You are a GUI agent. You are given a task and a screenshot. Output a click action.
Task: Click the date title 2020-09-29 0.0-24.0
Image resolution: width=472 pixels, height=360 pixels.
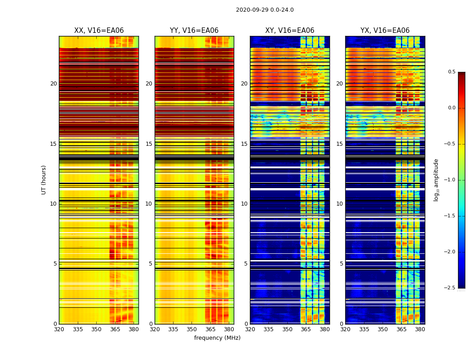[x=264, y=10]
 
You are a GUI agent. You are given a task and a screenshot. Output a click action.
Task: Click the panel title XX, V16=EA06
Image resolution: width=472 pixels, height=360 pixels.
[x=99, y=31]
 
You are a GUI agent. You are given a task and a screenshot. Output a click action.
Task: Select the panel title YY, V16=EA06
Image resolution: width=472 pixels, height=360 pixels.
[x=194, y=31]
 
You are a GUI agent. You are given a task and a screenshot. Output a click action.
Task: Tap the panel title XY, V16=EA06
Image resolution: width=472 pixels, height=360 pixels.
[x=289, y=31]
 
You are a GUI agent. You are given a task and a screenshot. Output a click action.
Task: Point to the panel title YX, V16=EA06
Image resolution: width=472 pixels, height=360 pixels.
[x=385, y=31]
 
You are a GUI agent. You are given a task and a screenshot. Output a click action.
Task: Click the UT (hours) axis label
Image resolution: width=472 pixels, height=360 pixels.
[x=44, y=180]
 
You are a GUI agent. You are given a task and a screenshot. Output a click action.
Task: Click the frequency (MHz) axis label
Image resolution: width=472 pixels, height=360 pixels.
[x=217, y=338]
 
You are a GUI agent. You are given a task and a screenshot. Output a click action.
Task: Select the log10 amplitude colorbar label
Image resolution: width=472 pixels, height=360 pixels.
[x=436, y=180]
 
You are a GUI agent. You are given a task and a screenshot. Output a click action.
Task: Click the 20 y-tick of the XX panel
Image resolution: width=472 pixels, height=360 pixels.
[x=53, y=84]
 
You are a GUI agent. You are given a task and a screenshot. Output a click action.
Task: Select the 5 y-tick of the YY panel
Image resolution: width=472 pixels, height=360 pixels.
[x=151, y=264]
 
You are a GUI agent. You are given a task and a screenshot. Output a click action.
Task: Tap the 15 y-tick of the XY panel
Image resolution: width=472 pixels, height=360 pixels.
[x=244, y=144]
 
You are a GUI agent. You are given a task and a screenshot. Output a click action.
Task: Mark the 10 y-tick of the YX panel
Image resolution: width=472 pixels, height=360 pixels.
[x=339, y=204]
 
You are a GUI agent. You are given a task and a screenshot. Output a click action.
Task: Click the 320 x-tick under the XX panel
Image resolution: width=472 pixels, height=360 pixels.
[x=59, y=329]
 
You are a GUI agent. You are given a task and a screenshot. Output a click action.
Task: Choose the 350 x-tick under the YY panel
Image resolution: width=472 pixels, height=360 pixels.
[x=191, y=329]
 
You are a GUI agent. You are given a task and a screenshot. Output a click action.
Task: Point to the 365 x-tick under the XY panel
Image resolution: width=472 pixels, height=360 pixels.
[x=306, y=329]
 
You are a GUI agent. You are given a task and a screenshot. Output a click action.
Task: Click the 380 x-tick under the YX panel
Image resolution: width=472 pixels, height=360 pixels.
[x=420, y=329]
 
